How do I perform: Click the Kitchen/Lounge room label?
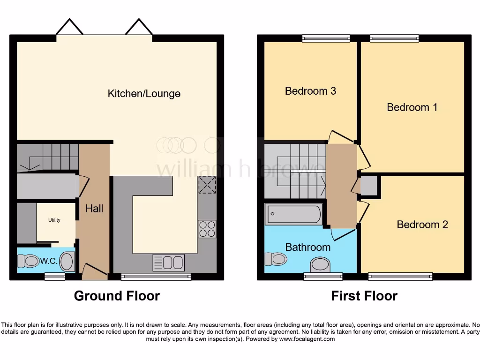click(x=144, y=93)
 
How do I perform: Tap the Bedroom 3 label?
click(x=310, y=91)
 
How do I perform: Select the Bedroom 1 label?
click(x=412, y=107)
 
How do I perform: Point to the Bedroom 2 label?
click(x=422, y=225)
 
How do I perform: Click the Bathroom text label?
click(x=308, y=247)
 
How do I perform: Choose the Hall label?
click(x=94, y=209)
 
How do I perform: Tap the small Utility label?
click(x=54, y=220)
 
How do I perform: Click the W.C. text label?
click(x=48, y=262)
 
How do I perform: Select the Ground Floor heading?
click(x=117, y=296)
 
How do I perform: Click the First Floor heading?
click(x=364, y=296)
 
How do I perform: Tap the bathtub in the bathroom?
click(x=294, y=215)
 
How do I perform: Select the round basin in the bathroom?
click(x=320, y=264)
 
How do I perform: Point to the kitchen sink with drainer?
click(x=168, y=263)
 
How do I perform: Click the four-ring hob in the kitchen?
click(x=207, y=229)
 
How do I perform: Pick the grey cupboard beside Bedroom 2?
click(x=368, y=186)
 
